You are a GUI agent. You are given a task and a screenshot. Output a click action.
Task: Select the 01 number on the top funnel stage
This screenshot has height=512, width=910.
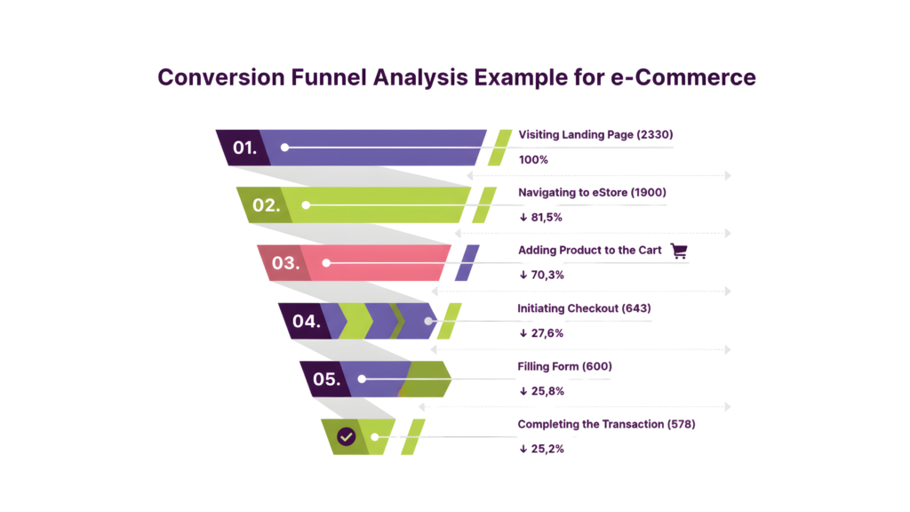coord(244,147)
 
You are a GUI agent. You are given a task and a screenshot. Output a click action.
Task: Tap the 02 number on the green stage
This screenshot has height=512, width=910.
coord(264,205)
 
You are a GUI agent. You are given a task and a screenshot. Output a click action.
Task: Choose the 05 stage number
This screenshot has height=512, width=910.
coord(326,380)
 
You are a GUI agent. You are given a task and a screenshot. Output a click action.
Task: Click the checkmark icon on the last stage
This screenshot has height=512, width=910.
coord(347,436)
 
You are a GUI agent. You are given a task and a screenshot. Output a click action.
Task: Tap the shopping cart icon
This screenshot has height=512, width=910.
coord(680,251)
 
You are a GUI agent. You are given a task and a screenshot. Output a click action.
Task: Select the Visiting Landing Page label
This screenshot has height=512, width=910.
coord(595,135)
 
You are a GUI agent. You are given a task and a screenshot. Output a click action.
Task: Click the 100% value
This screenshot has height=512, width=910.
coord(533,160)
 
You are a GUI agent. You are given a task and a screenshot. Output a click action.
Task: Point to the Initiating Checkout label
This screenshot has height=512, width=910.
coord(585,308)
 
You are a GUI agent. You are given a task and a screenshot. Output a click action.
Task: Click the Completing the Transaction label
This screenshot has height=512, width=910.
coord(606,425)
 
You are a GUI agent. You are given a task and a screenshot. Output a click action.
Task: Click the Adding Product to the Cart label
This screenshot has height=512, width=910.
coord(589,251)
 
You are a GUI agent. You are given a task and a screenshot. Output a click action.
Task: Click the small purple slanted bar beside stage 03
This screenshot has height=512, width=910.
coord(467,263)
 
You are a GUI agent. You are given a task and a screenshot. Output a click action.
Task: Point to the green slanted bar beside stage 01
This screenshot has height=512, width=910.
coord(499,148)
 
